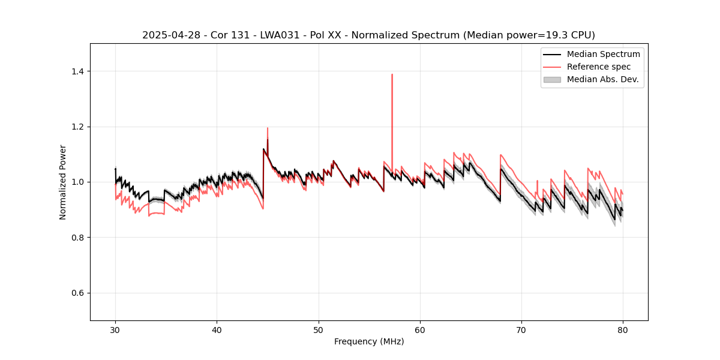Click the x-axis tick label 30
click(115, 329)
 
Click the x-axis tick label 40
click(217, 329)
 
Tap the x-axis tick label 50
click(319, 329)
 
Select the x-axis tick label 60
click(420, 329)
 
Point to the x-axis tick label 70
click(521, 329)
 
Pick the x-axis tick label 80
click(623, 329)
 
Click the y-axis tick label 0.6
click(77, 293)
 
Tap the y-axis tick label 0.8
click(77, 238)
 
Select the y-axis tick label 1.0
click(77, 182)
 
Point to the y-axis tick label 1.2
click(77, 127)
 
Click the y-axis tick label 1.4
click(77, 71)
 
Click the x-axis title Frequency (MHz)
click(369, 341)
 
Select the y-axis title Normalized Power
click(63, 182)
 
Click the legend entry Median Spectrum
click(603, 54)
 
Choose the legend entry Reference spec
click(599, 67)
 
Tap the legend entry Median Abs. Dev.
click(602, 79)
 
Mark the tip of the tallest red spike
click(392, 74)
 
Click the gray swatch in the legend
click(552, 79)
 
